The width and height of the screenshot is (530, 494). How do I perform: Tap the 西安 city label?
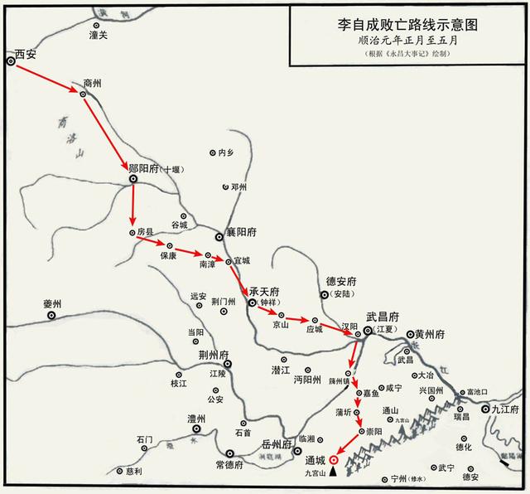pos(26,56)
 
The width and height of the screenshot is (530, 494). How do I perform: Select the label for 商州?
pos(94,84)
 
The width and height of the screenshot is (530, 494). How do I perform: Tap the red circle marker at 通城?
pos(334,458)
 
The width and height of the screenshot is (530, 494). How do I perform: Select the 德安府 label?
pos(340,282)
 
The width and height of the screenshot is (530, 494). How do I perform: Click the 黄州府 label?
pos(430,334)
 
